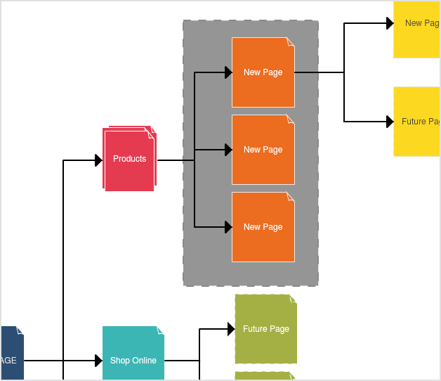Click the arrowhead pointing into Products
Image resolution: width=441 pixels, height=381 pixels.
click(x=99, y=160)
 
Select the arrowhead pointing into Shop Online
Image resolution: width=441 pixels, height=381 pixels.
click(x=99, y=361)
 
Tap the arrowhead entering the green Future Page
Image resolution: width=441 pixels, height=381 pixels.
click(x=230, y=328)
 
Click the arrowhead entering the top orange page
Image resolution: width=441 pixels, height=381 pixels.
click(x=228, y=72)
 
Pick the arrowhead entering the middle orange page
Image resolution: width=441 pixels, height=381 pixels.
click(x=228, y=150)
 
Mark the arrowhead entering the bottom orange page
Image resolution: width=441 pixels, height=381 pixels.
click(x=228, y=227)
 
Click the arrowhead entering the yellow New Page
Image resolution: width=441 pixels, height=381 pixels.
click(x=390, y=23)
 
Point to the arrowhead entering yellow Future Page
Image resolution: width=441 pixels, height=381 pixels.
click(x=390, y=122)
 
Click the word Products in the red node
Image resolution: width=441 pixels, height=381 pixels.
click(x=130, y=159)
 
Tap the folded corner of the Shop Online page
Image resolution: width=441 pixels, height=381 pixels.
click(x=161, y=330)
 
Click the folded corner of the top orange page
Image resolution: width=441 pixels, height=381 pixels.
click(x=291, y=41)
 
